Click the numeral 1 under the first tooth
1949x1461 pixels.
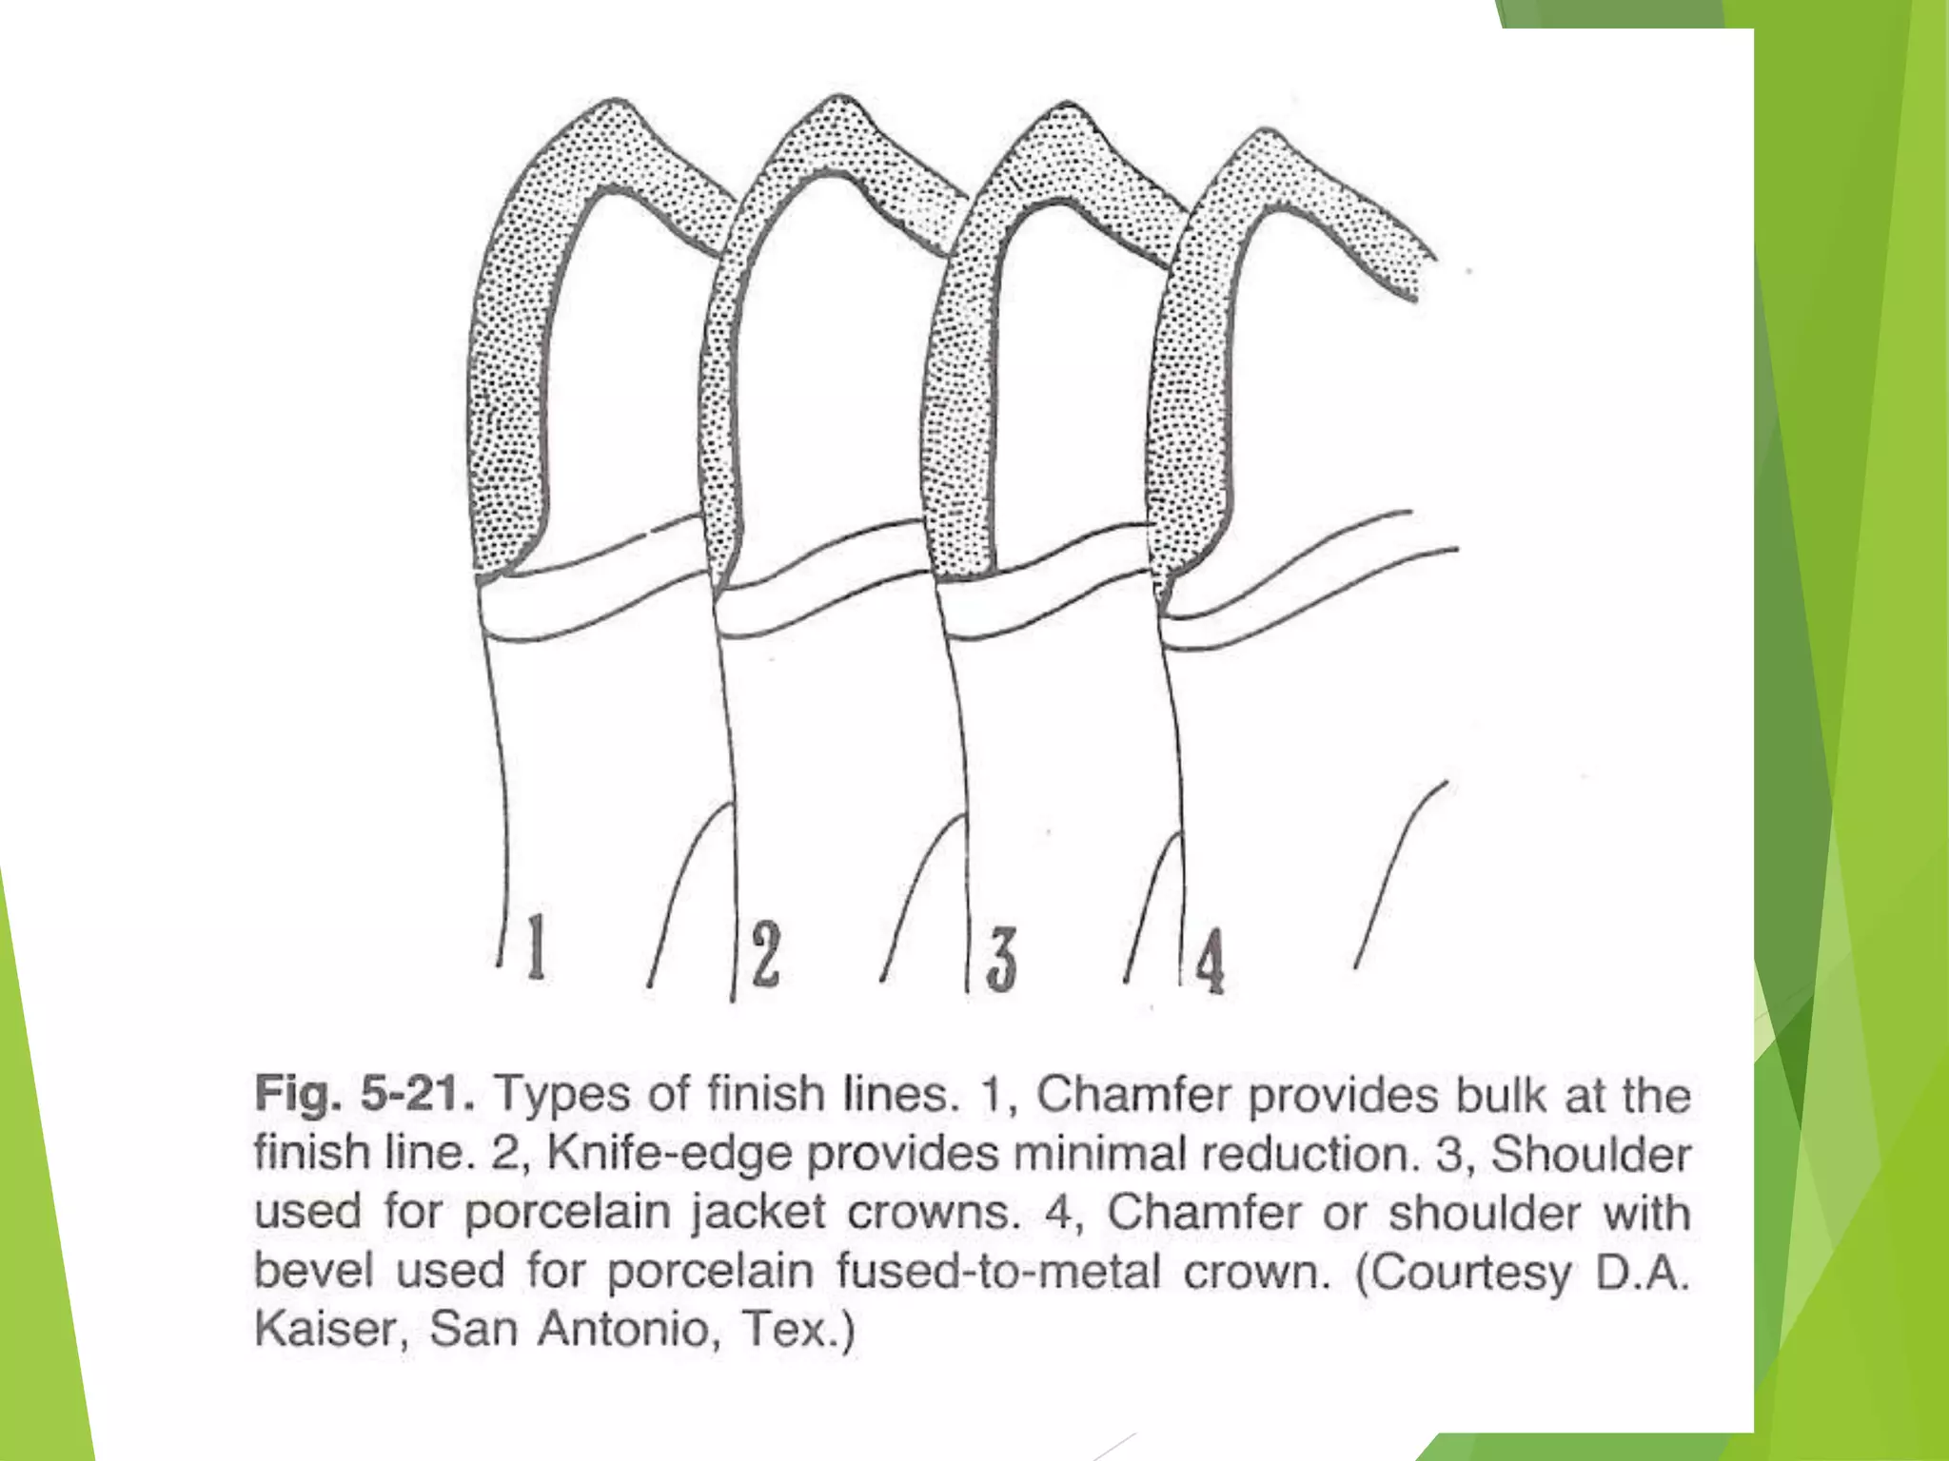[537, 946]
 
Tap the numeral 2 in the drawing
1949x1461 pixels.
[765, 954]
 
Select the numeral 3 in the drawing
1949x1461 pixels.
[1000, 960]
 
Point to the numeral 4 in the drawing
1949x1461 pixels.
[1210, 962]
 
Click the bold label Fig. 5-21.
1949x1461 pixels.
[364, 1094]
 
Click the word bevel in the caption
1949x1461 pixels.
[313, 1271]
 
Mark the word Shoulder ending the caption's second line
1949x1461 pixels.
[1590, 1153]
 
